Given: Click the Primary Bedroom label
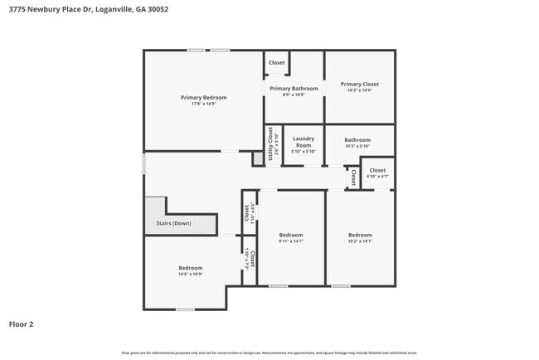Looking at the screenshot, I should coord(203,97).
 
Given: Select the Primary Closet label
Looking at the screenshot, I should coord(359,84).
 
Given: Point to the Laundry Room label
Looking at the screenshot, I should coord(303,142).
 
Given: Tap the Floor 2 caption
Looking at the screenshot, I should coord(21,324).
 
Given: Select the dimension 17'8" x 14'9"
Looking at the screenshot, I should coord(203,104).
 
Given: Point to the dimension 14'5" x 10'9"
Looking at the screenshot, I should coord(190,274).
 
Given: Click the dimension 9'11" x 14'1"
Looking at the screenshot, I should coord(290,241).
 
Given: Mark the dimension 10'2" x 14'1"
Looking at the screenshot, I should coord(359,241).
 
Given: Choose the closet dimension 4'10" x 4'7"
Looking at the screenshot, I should coord(377,176).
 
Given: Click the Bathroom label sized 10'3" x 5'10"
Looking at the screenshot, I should coord(357,140).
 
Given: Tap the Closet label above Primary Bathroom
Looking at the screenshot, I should coord(276,63).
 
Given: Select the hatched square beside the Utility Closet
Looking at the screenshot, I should coord(258,158).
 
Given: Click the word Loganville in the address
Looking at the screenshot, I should coord(112,9).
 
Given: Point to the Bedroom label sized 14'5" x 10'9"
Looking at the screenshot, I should coord(190,267).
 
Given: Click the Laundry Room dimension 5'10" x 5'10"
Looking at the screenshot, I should coord(303,151).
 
